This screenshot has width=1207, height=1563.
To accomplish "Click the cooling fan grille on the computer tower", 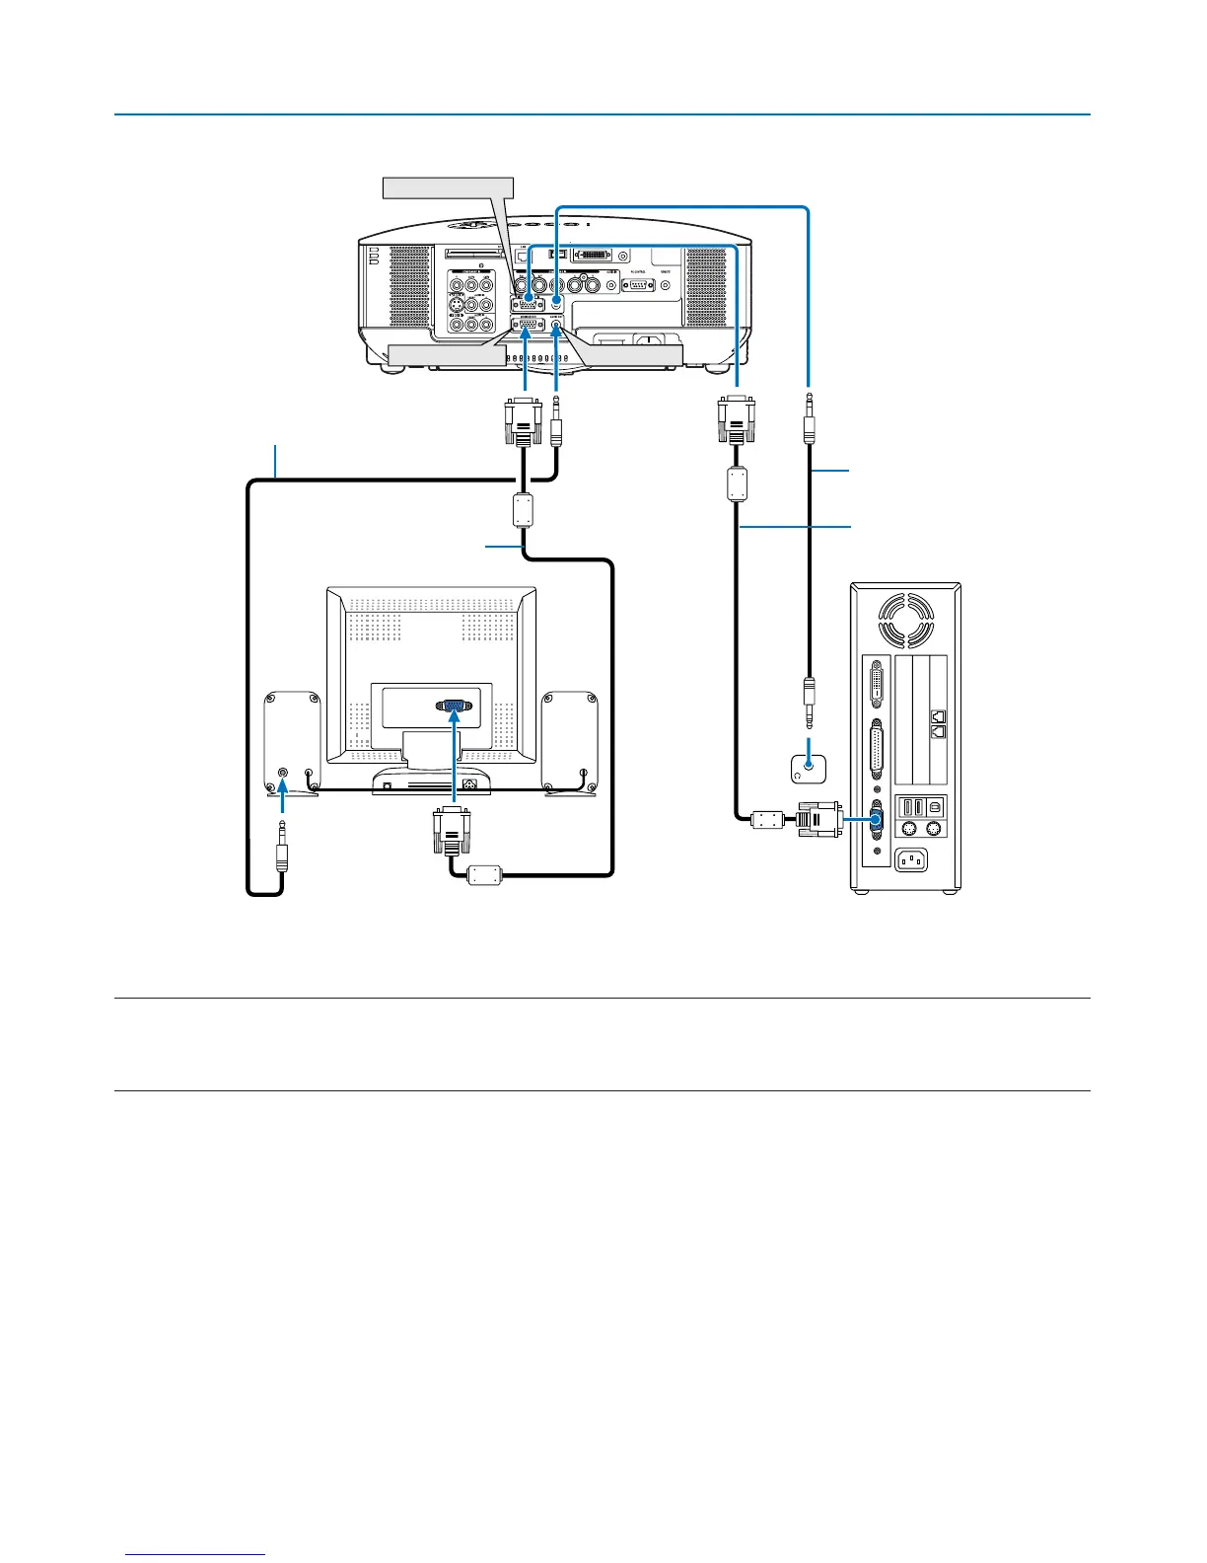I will pyautogui.click(x=906, y=620).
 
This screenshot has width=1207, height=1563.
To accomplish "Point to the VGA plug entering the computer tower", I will pyautogui.click(x=818, y=819).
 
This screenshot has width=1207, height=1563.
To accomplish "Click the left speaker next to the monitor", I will pyautogui.click(x=292, y=742).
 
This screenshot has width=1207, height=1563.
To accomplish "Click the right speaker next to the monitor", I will pyautogui.click(x=570, y=742).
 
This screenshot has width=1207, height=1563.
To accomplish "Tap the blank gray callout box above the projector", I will pyautogui.click(x=448, y=186).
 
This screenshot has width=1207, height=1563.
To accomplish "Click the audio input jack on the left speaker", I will pyautogui.click(x=284, y=774).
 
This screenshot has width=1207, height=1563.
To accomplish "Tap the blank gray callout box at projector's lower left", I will pyautogui.click(x=439, y=355).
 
